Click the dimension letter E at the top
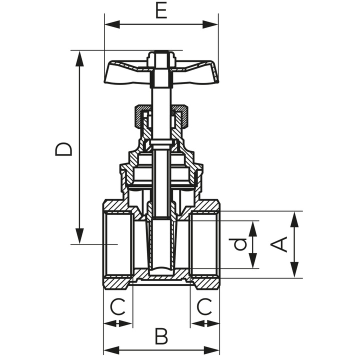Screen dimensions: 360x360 tap(160, 10)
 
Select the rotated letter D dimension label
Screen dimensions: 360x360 tap(64, 149)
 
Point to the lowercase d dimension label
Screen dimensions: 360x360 tap(241, 244)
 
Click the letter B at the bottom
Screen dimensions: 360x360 tap(160, 336)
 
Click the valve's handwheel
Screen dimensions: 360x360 tap(125, 72)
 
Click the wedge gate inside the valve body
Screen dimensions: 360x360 tap(161, 245)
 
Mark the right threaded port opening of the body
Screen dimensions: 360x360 tap(205, 244)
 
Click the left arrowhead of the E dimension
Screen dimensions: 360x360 tap(110, 23)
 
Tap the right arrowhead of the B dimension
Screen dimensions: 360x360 tap(214, 349)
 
